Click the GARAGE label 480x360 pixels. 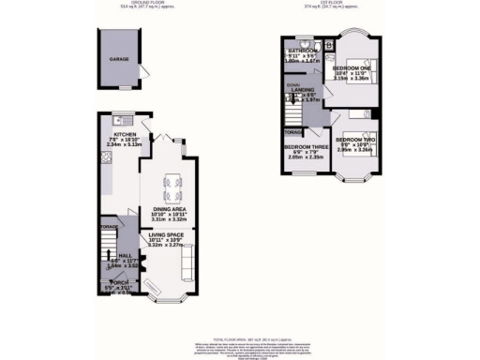(119, 59)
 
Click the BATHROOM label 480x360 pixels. (305, 51)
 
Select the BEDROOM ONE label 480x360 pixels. (352, 68)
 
